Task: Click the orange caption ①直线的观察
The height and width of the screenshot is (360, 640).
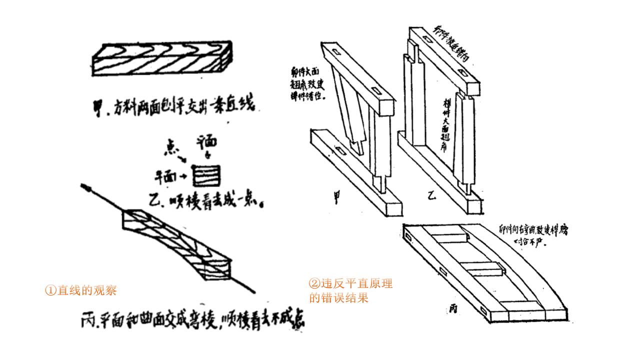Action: tap(81, 290)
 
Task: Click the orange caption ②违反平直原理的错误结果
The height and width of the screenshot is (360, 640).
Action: tap(350, 291)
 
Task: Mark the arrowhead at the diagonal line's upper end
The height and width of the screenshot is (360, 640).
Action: tap(85, 187)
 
